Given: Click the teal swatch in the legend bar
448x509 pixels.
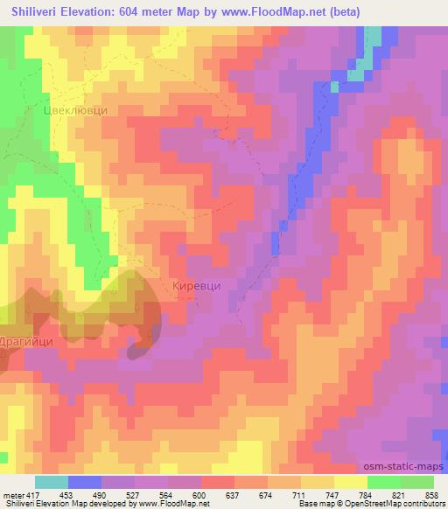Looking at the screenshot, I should click(x=52, y=482).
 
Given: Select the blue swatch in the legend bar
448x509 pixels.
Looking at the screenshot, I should click(x=84, y=482).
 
